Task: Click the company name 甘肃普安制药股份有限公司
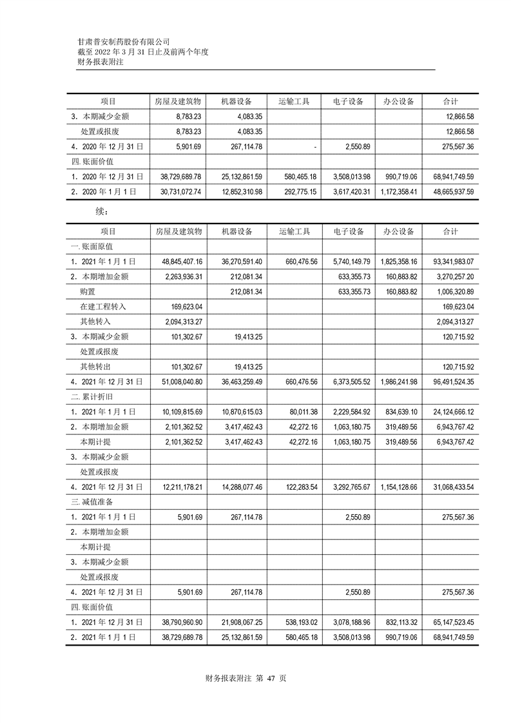pyautogui.click(x=124, y=41)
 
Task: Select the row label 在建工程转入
pyautogui.click(x=103, y=307)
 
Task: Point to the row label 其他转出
pyautogui.click(x=95, y=367)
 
